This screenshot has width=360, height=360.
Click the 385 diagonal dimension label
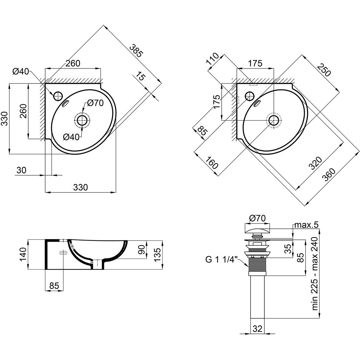coord(136,50)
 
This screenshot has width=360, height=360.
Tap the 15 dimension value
coord(140,76)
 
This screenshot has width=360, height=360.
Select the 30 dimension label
coord(22,170)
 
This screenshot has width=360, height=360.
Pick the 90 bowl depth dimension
coord(142,250)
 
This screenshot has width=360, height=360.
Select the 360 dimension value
coord(329,175)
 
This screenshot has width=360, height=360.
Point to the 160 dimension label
coord(211,163)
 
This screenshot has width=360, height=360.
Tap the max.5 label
coord(307,225)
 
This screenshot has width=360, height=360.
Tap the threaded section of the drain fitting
coord(257,264)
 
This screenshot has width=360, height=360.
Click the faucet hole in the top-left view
coord(58,96)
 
